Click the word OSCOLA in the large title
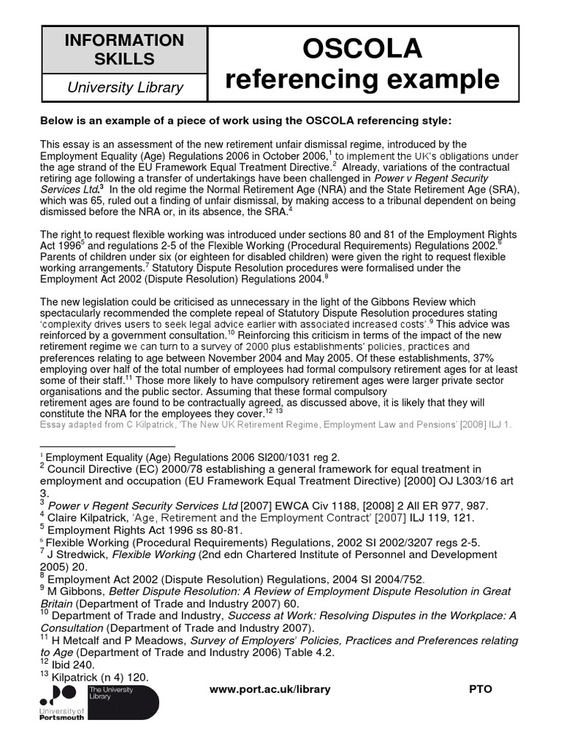coord(362,49)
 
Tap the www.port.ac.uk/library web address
coord(270,689)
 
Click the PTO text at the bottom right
coord(480,689)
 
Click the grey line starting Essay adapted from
coord(276,424)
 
